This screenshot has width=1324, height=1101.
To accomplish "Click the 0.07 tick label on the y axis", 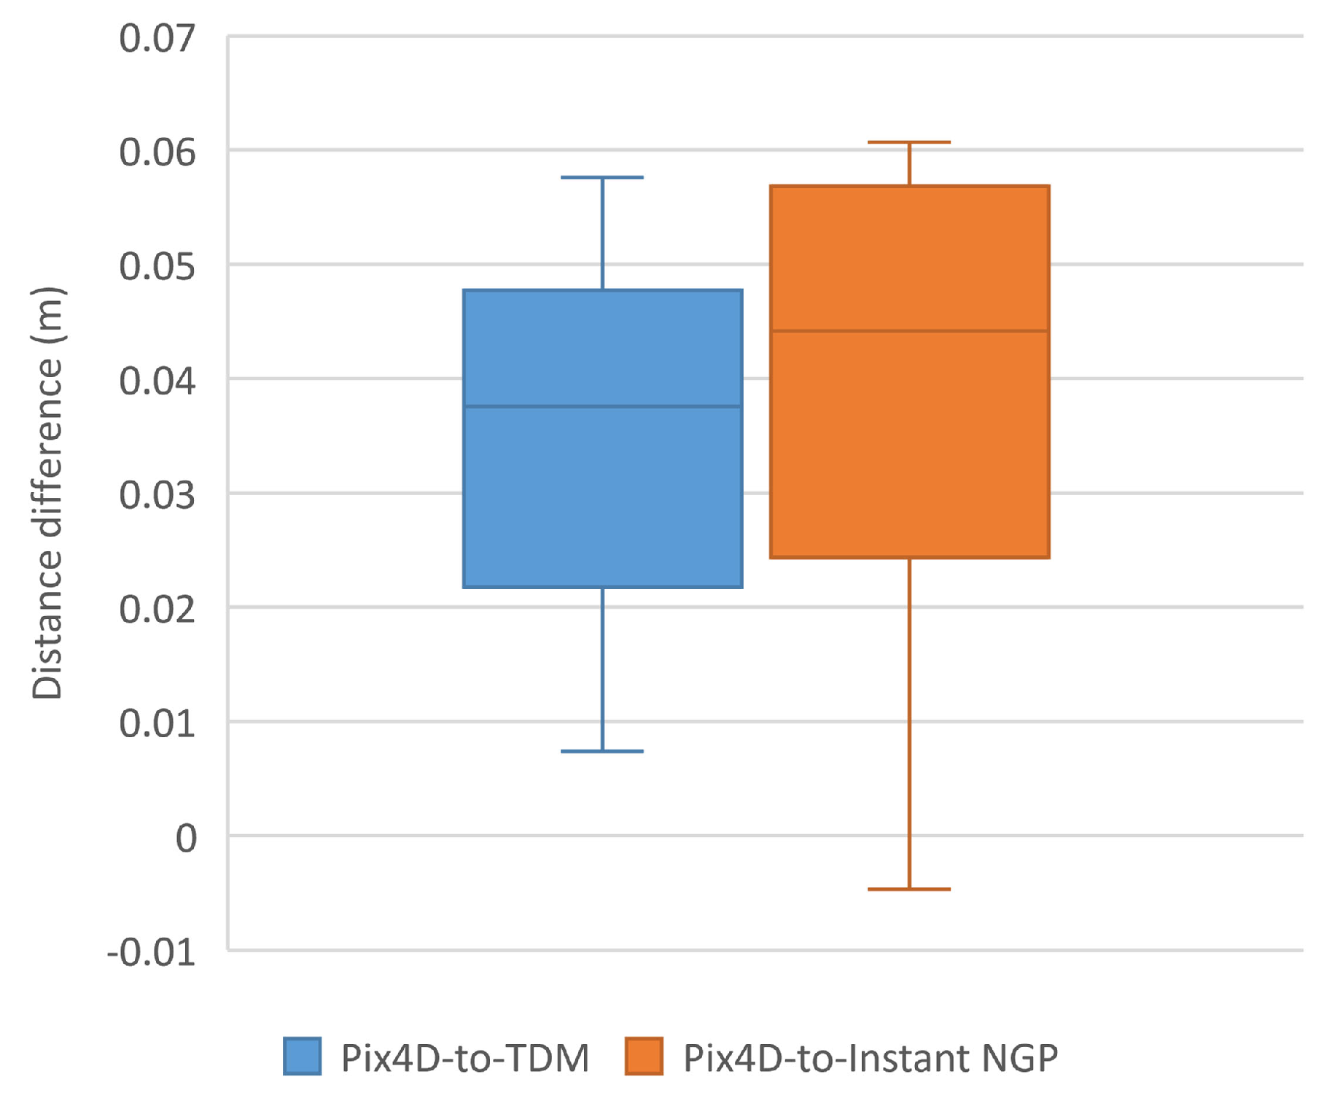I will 157,38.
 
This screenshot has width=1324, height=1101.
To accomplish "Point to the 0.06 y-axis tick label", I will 157,152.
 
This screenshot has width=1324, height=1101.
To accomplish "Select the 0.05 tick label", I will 157,267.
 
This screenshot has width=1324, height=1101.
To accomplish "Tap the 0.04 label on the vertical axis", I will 157,381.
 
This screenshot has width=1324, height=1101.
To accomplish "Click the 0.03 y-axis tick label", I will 157,495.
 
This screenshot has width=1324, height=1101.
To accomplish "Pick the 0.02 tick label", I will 157,610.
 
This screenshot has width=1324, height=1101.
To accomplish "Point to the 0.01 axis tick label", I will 157,723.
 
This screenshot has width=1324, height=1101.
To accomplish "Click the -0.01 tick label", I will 151,952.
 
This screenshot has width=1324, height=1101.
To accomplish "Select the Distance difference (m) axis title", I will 48,494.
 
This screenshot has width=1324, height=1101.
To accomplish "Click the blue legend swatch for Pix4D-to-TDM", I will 302,1056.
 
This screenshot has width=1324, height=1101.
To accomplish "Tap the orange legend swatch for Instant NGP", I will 644,1056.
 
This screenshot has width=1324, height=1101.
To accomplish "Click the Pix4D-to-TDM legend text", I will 465,1058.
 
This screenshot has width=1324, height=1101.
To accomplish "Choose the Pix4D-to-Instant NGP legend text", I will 870,1058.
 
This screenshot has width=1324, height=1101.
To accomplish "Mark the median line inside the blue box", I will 602,406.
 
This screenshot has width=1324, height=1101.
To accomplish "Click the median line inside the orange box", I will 909,331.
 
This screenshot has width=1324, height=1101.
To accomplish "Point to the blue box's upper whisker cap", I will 602,177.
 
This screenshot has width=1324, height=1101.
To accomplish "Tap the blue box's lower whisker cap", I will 602,751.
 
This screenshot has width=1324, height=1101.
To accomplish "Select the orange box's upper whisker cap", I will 909,142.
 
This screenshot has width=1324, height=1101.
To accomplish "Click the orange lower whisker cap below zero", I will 909,890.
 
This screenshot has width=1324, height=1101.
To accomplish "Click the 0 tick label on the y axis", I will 186,839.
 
